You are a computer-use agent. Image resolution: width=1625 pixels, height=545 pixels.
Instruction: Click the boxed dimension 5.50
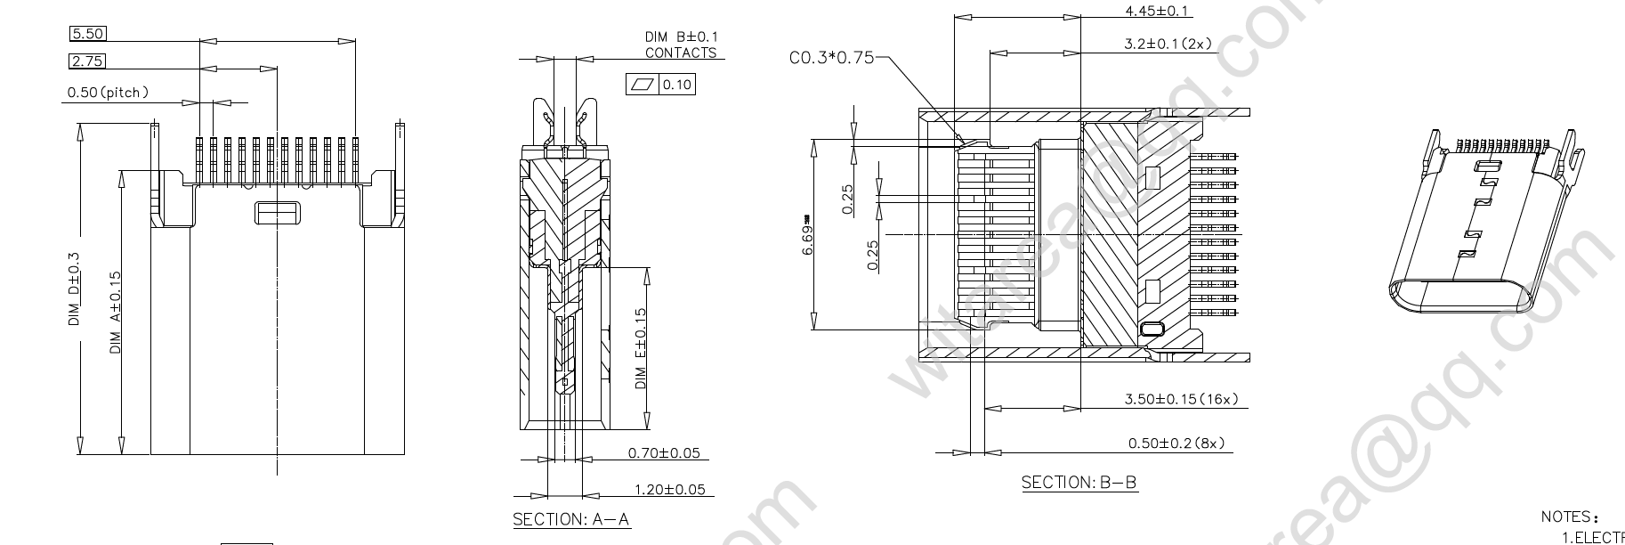(87, 34)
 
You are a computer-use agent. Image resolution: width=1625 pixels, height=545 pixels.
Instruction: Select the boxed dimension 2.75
(87, 61)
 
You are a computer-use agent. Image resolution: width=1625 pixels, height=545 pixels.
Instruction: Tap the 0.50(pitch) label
(108, 92)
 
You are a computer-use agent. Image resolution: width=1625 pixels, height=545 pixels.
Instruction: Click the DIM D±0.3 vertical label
(74, 289)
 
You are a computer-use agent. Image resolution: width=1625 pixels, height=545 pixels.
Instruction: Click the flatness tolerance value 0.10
(676, 85)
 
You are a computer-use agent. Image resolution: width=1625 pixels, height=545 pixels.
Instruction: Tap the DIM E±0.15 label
(641, 348)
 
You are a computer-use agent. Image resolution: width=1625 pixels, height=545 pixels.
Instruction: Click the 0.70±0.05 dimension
(663, 453)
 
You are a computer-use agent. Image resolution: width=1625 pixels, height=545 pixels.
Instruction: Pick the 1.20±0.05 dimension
(669, 489)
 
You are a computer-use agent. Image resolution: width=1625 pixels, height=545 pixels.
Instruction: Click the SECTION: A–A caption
(571, 519)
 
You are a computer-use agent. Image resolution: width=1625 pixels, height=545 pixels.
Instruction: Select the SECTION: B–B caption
(1079, 483)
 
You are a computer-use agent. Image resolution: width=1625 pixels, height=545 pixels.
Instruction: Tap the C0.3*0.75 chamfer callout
(831, 58)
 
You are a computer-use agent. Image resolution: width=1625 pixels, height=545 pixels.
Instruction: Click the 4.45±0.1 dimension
(1157, 11)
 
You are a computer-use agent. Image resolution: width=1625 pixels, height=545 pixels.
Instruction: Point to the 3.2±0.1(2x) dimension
(1168, 43)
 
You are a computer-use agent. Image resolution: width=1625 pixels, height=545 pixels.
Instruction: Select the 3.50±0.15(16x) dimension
(1181, 399)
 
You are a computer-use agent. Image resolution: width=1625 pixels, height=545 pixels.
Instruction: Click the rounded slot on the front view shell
(278, 213)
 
